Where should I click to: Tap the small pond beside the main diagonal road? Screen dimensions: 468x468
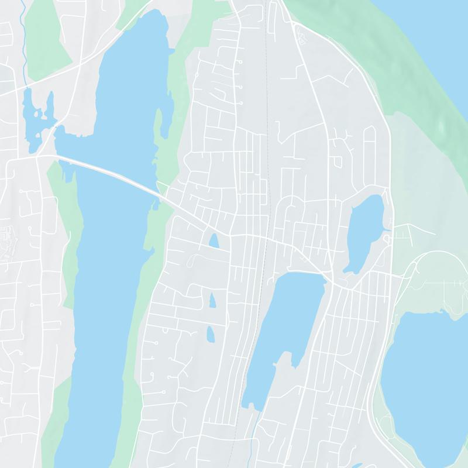point(214,240)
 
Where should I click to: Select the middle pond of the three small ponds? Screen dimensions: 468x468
point(212,300)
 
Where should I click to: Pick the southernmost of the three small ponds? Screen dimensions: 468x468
point(210,334)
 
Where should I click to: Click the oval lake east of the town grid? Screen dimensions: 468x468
point(364,233)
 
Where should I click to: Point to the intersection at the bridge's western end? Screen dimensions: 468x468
point(37,156)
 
